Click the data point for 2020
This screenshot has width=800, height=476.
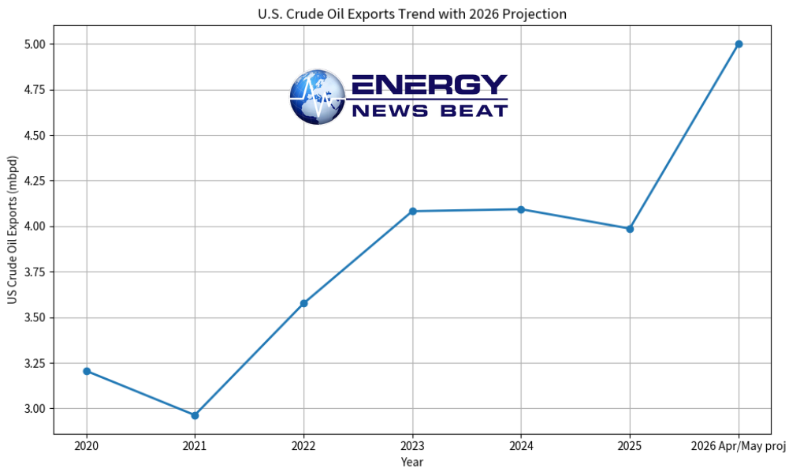tap(87, 371)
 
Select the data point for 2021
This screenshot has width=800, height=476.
tap(195, 415)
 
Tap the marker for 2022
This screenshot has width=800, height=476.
tap(303, 303)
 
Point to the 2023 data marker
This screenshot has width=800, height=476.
tap(412, 211)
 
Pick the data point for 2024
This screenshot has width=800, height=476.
tap(521, 209)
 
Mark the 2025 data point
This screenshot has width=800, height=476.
tap(630, 229)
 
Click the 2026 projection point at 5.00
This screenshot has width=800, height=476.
tap(739, 44)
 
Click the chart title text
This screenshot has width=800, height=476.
tap(412, 14)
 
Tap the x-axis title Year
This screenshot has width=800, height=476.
tap(412, 462)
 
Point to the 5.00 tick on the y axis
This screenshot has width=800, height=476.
tap(35, 44)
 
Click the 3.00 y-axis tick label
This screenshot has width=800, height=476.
tap(35, 409)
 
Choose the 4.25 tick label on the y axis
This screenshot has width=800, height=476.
tap(35, 181)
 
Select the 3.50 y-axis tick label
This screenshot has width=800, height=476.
tap(35, 318)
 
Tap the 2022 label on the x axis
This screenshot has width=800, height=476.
tap(303, 446)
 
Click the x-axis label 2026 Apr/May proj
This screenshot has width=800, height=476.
tap(739, 446)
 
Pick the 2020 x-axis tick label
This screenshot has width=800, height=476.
tap(87, 446)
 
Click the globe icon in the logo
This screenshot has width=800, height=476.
tap(317, 97)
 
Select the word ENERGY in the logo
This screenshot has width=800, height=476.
tap(430, 85)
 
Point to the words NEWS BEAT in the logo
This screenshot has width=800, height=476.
tap(430, 111)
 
